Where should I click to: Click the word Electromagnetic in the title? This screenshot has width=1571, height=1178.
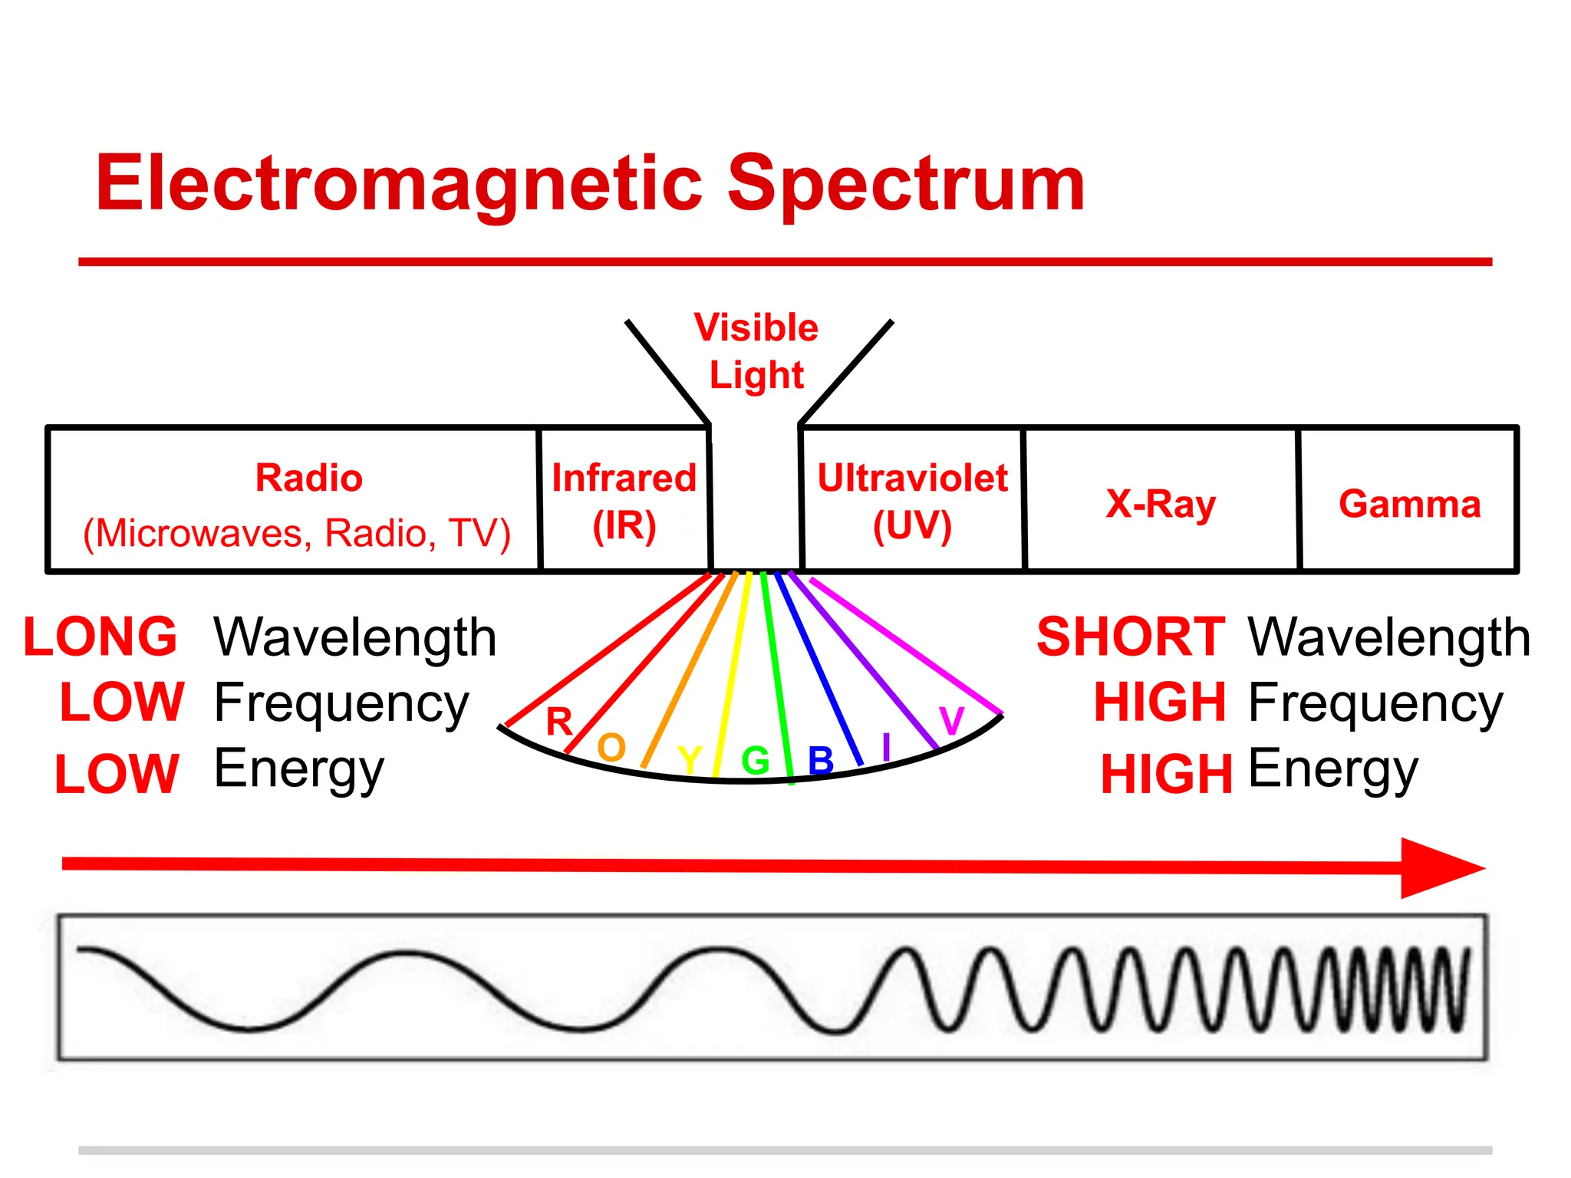pyautogui.click(x=399, y=184)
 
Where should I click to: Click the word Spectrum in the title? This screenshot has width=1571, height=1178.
pyautogui.click(x=905, y=184)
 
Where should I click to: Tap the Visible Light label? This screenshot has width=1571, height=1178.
pyautogui.click(x=756, y=351)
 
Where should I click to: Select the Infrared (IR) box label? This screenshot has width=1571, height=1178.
pyautogui.click(x=624, y=502)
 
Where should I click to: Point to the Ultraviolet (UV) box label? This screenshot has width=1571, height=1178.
pyautogui.click(x=912, y=502)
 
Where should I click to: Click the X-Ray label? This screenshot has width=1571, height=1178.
pyautogui.click(x=1161, y=505)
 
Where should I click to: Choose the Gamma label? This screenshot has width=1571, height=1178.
pyautogui.click(x=1409, y=505)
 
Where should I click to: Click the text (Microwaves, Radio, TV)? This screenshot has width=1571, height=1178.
pyautogui.click(x=297, y=533)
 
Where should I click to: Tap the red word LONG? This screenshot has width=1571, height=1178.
pyautogui.click(x=100, y=637)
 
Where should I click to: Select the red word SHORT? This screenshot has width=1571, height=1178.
pyautogui.click(x=1131, y=637)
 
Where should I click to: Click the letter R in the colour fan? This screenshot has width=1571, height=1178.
pyautogui.click(x=559, y=722)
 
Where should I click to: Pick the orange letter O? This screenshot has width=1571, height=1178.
pyautogui.click(x=611, y=747)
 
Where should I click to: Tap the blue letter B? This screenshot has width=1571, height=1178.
pyautogui.click(x=821, y=761)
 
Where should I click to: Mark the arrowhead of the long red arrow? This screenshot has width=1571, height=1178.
pyautogui.click(x=1438, y=868)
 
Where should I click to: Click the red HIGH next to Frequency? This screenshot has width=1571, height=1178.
pyautogui.click(x=1160, y=703)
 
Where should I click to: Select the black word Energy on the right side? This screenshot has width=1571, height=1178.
pyautogui.click(x=1333, y=769)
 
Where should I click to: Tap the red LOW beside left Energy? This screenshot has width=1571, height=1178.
pyautogui.click(x=117, y=774)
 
